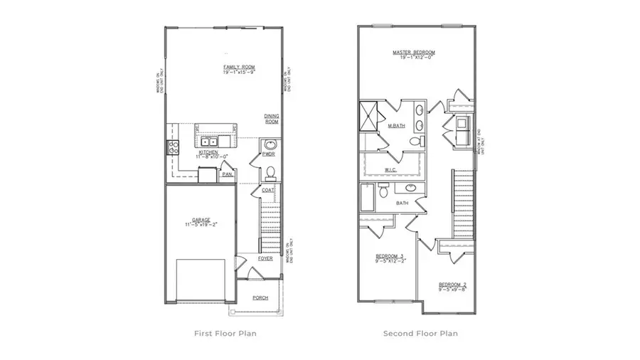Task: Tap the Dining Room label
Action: pos(272,119)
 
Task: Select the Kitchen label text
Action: pos(208,152)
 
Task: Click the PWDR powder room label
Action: pos(269,154)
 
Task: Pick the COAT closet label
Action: pos(267,190)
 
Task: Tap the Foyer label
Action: pos(265,259)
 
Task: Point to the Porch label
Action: pos(261,297)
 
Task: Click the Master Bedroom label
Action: pos(414,53)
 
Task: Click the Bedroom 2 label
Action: pos(452,286)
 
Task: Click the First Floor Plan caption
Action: pos(225,333)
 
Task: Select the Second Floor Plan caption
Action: pos(420,333)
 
